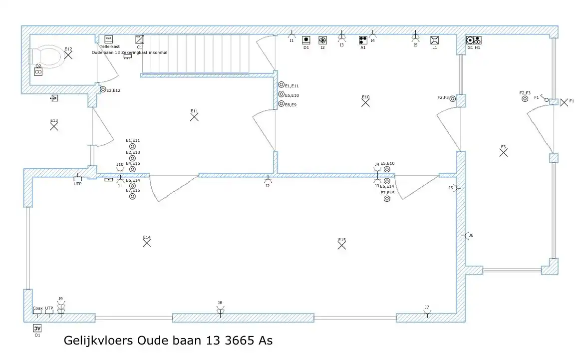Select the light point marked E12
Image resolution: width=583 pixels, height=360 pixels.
(x=68, y=55)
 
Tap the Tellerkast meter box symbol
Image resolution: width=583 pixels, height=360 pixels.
(x=108, y=39)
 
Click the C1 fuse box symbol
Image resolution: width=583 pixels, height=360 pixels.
(x=140, y=39)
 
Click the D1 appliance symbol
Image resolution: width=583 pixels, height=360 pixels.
(x=306, y=40)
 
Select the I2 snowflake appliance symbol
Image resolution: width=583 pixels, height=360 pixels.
(x=322, y=40)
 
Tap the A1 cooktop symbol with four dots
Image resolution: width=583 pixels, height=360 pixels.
(x=363, y=40)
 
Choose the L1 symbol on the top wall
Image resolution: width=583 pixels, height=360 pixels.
(x=434, y=40)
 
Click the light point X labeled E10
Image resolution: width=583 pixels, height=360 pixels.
(x=365, y=103)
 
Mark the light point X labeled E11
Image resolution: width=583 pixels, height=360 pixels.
(x=194, y=117)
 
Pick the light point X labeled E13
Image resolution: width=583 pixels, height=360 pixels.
(x=54, y=127)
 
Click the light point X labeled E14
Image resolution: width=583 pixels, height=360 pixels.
(x=146, y=244)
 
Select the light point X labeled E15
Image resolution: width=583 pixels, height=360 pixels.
(x=342, y=246)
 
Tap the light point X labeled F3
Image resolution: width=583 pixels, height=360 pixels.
(x=503, y=153)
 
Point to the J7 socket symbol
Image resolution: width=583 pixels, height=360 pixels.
(x=427, y=314)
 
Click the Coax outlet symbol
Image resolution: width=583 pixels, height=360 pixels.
(x=37, y=315)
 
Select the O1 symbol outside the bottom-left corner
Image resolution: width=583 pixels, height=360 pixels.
(x=37, y=328)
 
